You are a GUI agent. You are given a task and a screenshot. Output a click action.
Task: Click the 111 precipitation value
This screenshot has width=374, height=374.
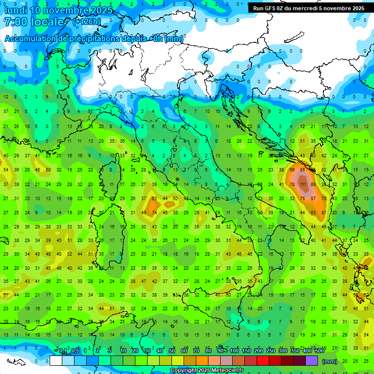(x=303, y=185)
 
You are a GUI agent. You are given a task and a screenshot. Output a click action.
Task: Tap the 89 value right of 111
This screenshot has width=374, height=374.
(x=313, y=185)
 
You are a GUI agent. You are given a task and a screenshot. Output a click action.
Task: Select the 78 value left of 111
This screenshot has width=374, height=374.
(x=292, y=185)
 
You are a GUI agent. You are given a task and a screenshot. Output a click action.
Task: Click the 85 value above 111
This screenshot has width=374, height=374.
(x=302, y=170)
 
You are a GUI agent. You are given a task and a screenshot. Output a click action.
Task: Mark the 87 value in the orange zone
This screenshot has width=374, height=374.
(x=313, y=199)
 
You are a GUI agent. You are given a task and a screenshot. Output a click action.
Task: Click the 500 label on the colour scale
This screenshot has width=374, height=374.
(x=319, y=351)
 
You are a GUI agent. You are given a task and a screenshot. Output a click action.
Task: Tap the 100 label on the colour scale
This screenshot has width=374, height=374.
(x=234, y=351)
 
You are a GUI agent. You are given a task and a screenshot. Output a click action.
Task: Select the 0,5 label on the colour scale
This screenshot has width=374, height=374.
(x=75, y=351)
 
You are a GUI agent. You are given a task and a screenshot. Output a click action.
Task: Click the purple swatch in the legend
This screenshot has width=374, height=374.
(x=312, y=360)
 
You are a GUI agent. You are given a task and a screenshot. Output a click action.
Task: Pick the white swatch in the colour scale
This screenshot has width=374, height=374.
(x=56, y=360)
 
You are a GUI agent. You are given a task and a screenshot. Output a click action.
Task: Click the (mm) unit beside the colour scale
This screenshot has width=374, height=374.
(x=330, y=361)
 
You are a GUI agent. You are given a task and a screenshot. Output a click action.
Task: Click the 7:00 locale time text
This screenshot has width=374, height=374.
(x=34, y=22)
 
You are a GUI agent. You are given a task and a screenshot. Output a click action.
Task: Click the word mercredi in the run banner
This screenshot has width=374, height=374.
(x=312, y=8)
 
